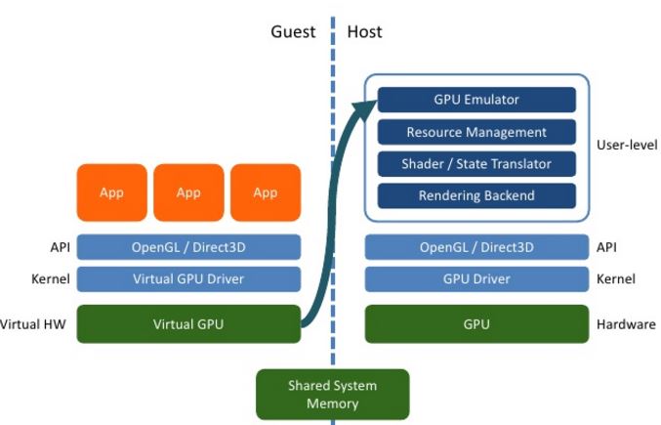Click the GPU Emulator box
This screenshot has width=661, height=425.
(x=476, y=100)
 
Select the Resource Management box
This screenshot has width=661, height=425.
(x=476, y=132)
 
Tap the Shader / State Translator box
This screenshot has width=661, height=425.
(x=476, y=164)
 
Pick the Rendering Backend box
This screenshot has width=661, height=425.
(x=476, y=195)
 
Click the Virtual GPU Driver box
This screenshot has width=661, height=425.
(x=188, y=279)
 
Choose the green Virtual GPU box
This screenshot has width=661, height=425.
(x=188, y=324)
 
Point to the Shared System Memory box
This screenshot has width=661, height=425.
(x=332, y=393)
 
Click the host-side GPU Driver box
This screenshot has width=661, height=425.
(x=476, y=279)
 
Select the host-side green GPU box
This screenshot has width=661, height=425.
(x=476, y=324)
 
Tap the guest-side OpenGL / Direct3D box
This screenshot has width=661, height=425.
(x=188, y=247)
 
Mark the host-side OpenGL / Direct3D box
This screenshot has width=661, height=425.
(x=476, y=247)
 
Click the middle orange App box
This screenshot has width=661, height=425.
(x=188, y=192)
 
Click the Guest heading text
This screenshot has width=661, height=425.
(x=293, y=32)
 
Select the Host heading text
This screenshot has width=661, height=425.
(x=365, y=32)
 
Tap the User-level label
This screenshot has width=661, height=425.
(x=626, y=145)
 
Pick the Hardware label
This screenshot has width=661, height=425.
(x=626, y=324)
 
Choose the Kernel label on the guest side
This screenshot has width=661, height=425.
(x=50, y=279)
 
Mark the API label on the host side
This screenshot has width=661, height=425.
(x=606, y=247)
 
